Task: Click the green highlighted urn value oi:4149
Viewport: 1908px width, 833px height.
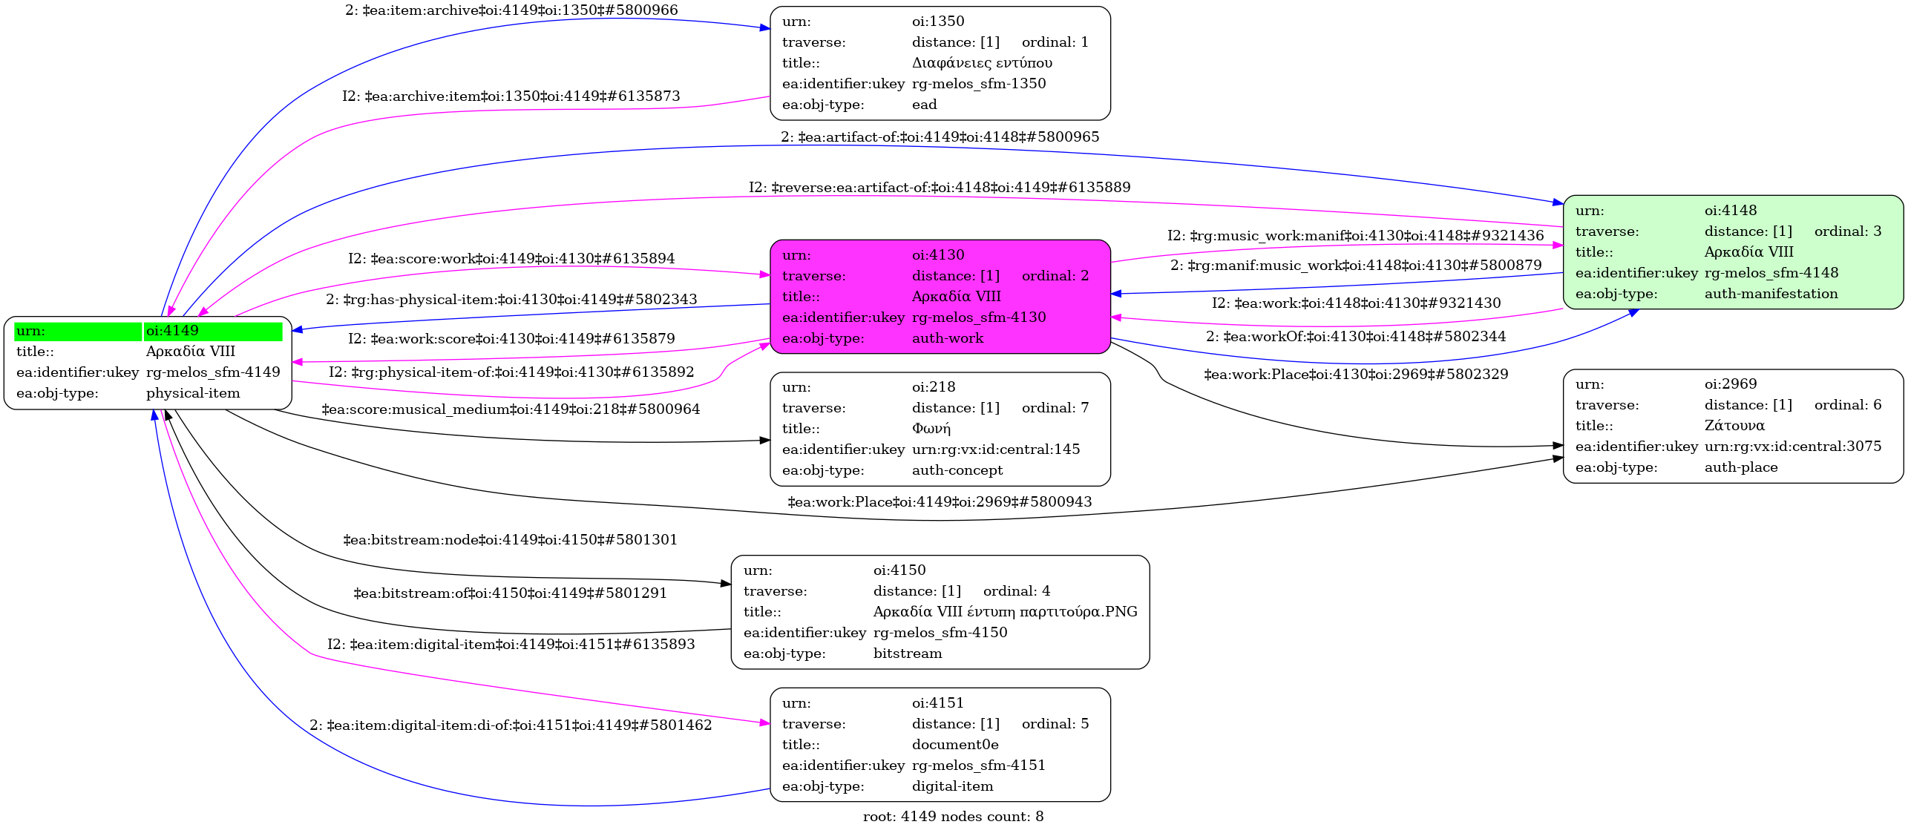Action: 172,331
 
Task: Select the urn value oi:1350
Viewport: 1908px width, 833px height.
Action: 938,22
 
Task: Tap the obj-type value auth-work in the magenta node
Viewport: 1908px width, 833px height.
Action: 947,338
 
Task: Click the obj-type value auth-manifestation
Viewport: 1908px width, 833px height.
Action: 1771,294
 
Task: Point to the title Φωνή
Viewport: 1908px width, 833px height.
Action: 931,429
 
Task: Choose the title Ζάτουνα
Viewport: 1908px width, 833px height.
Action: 1734,426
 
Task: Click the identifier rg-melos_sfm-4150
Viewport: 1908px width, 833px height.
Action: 940,633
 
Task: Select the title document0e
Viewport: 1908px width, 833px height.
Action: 955,745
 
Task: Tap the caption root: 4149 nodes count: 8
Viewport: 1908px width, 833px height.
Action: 953,817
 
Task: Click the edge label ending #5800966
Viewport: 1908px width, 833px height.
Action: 511,10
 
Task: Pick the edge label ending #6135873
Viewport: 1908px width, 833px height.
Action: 511,96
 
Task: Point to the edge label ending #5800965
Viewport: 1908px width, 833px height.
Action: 940,137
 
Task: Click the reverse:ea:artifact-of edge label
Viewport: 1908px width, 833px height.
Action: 940,188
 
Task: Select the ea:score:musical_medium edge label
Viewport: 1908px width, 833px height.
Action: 511,409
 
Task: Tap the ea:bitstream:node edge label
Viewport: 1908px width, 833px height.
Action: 511,540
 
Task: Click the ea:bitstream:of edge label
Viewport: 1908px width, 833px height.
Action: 511,593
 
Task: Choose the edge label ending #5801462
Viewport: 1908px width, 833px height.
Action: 511,725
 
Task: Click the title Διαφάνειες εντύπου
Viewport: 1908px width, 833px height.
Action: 982,63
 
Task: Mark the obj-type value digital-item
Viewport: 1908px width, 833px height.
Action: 952,786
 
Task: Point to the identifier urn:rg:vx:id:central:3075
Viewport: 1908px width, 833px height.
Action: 1793,447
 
